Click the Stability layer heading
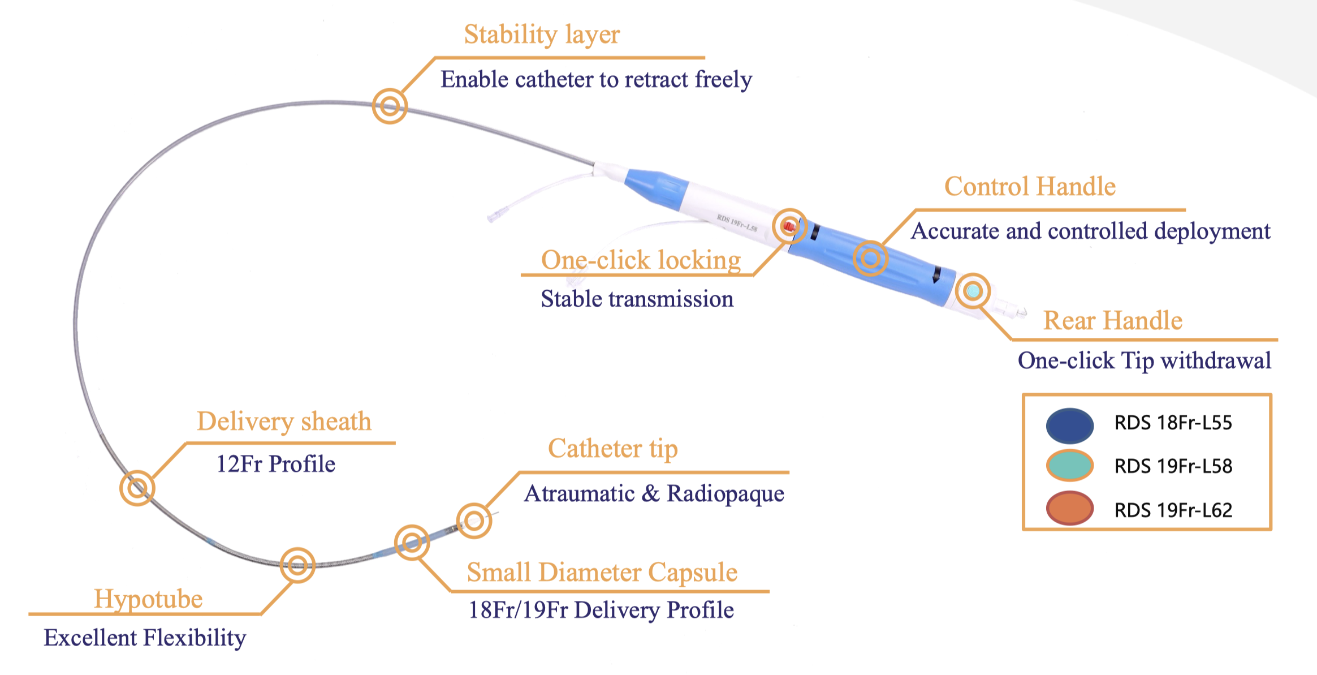pos(542,35)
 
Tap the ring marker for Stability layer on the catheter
pos(390,106)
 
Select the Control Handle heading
pos(1030,187)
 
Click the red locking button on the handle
pos(789,226)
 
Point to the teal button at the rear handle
pos(973,291)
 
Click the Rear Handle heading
pos(1112,321)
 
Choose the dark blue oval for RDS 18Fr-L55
pos(1069,425)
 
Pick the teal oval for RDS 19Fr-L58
pos(1069,466)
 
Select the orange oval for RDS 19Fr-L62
pos(1069,509)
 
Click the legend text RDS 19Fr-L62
pos(1173,510)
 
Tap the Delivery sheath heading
pos(284,422)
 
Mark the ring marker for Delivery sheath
pos(137,488)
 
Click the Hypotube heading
pos(148,599)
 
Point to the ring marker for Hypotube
pos(297,565)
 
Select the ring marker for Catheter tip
pos(474,521)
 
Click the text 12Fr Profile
pos(276,465)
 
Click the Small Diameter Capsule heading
pos(602,573)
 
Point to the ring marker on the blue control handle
pos(870,259)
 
